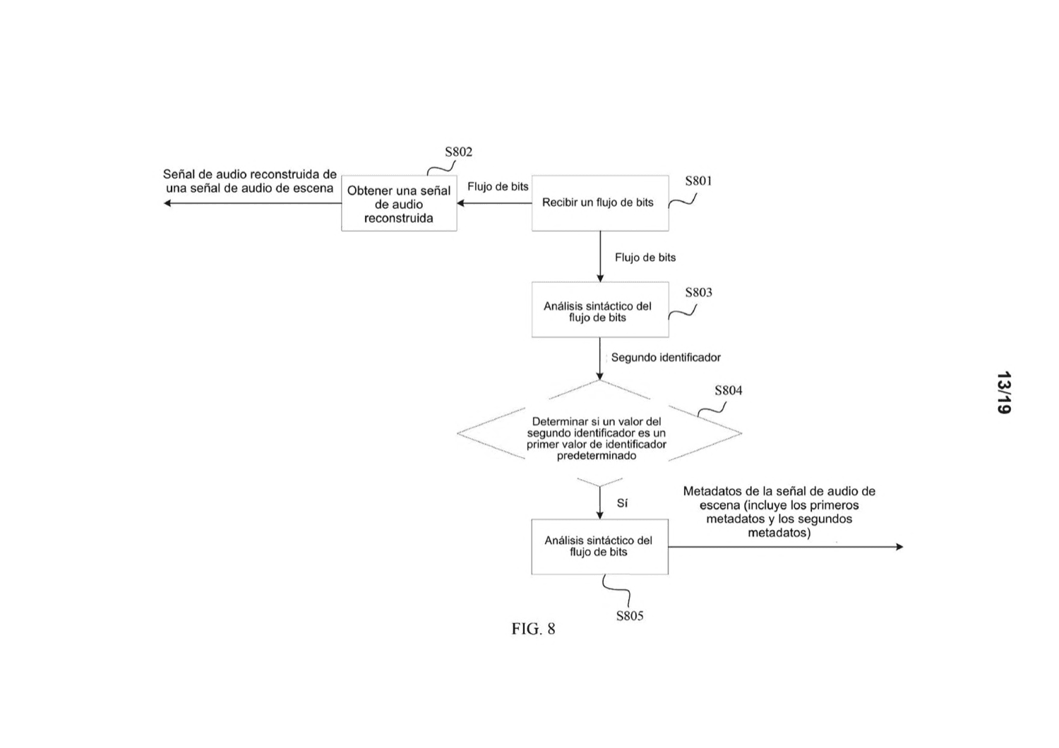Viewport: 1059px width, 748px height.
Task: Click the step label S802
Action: click(x=458, y=152)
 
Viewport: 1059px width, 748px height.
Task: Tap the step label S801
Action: click(x=698, y=181)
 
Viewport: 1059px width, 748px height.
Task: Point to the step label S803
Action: click(x=698, y=292)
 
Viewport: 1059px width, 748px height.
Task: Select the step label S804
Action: click(x=728, y=390)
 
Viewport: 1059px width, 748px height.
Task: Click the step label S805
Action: click(x=630, y=616)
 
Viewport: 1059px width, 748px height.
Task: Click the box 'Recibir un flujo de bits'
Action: click(x=600, y=203)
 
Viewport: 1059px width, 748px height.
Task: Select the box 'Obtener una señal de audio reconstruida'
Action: click(x=399, y=203)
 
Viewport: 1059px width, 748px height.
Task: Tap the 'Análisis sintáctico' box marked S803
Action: click(x=600, y=310)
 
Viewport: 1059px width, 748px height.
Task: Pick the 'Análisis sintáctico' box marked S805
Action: click(x=599, y=547)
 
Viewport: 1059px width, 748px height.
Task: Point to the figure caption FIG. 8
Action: click(x=533, y=629)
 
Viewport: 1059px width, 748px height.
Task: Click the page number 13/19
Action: click(x=1003, y=392)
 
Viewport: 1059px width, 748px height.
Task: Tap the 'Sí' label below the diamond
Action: click(x=622, y=503)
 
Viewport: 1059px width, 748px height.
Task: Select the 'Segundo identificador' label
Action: click(x=666, y=358)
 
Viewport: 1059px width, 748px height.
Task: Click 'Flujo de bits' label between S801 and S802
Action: click(x=498, y=186)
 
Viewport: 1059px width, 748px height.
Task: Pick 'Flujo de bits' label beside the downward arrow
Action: click(x=645, y=258)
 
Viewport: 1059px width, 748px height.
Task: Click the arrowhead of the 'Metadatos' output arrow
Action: click(x=899, y=547)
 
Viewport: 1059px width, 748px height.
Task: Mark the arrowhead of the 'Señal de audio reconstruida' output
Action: click(x=167, y=203)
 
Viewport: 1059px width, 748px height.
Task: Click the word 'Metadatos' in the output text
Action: click(x=709, y=491)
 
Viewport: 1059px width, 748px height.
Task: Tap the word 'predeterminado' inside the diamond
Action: click(x=596, y=456)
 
